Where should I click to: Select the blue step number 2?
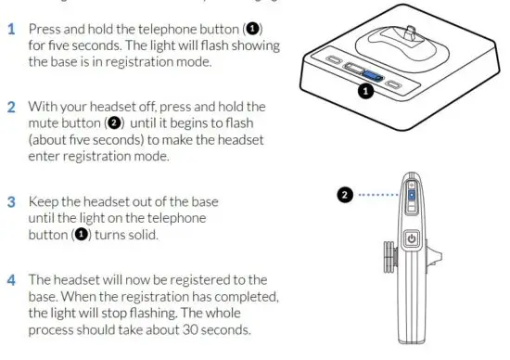click(x=12, y=107)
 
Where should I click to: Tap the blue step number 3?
click(x=12, y=201)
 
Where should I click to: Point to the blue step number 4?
click(x=12, y=280)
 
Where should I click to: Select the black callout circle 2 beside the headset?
click(x=345, y=196)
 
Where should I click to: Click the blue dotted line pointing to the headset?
click(x=378, y=196)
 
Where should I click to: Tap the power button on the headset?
click(x=413, y=239)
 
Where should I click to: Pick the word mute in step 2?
click(x=45, y=123)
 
